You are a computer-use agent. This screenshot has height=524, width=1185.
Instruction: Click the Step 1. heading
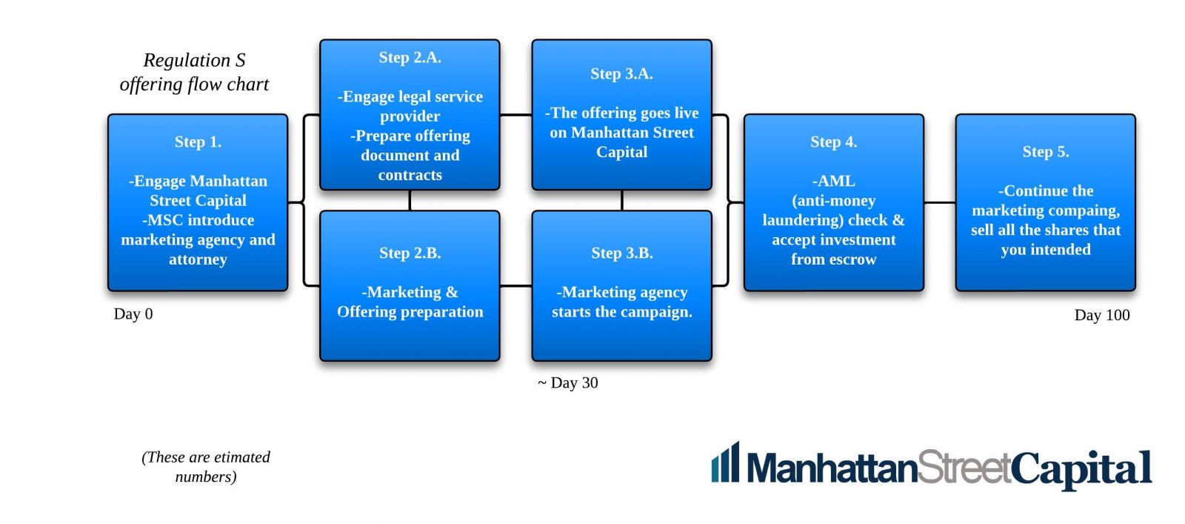[198, 142]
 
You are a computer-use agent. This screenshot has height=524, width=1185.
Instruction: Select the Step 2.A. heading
[410, 57]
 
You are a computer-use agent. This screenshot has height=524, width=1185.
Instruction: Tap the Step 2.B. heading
[410, 253]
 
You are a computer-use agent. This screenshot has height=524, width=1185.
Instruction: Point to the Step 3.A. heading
[621, 73]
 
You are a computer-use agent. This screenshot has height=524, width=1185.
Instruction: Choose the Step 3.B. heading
[622, 253]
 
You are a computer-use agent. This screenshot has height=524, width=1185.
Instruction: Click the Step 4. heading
[834, 142]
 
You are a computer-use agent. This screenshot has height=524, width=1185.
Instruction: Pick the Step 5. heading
[1046, 152]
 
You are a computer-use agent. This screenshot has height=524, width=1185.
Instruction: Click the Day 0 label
[133, 314]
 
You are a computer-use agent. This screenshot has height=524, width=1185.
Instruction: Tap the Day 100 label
[1102, 315]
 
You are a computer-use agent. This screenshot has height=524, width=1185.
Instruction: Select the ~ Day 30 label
[567, 382]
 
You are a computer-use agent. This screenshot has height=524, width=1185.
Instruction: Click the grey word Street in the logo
[964, 467]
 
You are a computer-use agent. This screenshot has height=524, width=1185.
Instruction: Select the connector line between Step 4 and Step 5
[940, 202]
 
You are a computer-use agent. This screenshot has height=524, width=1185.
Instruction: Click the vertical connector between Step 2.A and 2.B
[410, 201]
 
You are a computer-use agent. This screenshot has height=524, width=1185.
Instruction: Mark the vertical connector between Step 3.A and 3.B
[622, 201]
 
